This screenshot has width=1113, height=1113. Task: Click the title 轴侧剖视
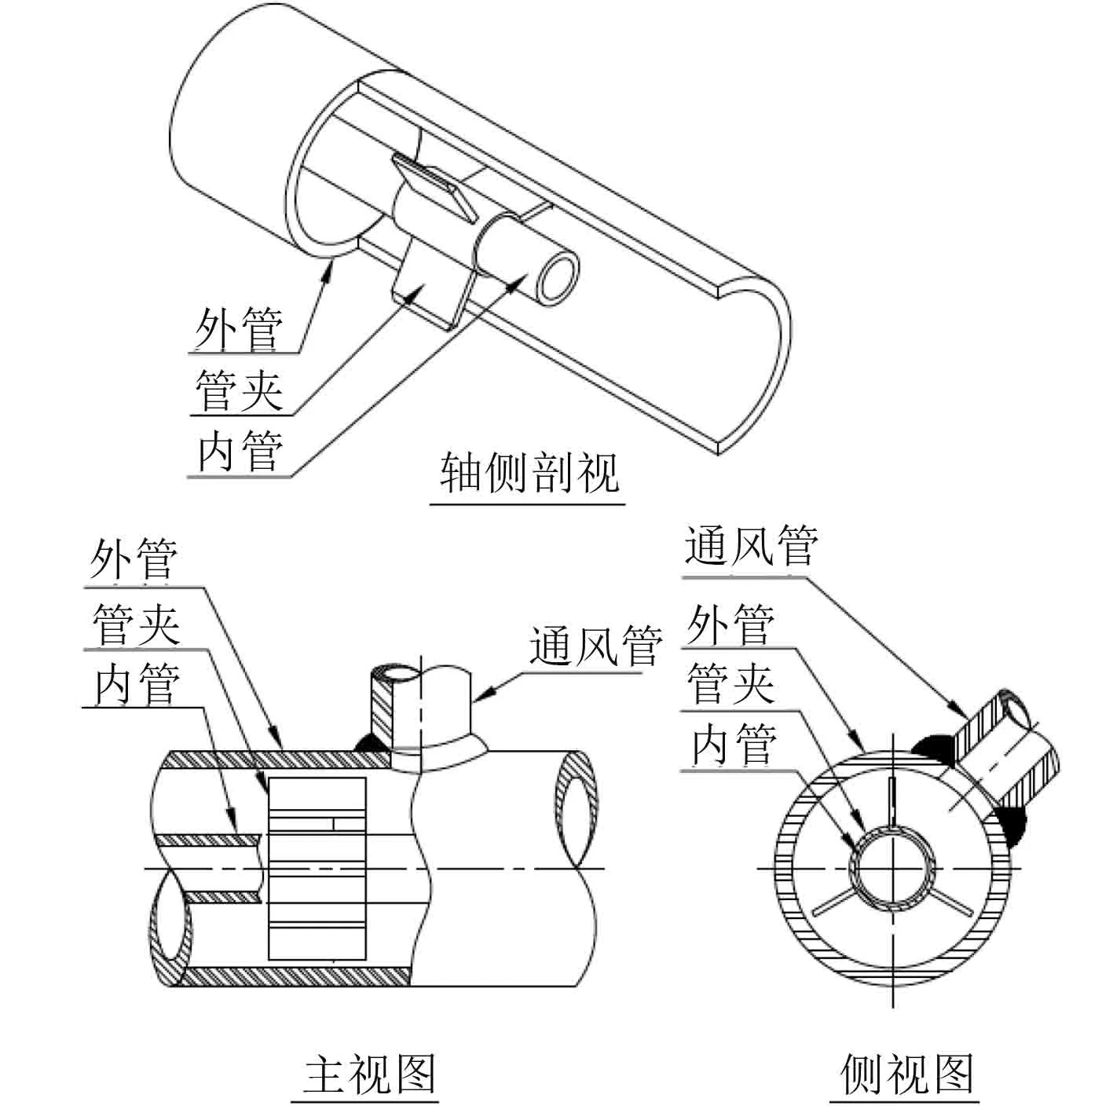(x=529, y=471)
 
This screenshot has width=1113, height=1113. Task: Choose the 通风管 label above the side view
(x=750, y=545)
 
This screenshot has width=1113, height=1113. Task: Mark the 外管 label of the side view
(x=730, y=624)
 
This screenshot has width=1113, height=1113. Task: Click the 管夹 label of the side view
(x=730, y=682)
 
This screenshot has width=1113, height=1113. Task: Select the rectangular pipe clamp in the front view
(x=317, y=869)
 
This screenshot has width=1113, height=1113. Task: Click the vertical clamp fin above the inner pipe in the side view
(x=893, y=802)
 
